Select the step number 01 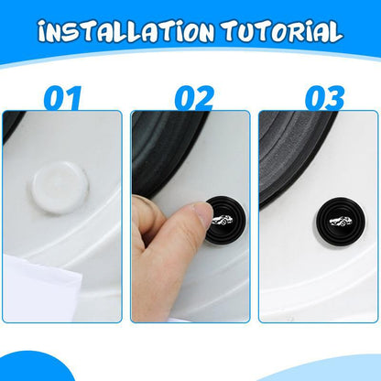[62, 96]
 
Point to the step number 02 [191, 96]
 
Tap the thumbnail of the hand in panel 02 [183, 218]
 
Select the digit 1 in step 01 [75, 96]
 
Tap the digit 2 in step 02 [204, 96]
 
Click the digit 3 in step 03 [332, 96]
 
